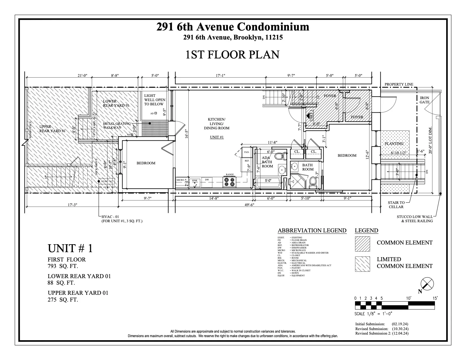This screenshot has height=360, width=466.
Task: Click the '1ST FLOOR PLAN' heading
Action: pyautogui.click(x=232, y=54)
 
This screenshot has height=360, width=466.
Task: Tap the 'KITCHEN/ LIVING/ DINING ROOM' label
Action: pyautogui.click(x=217, y=124)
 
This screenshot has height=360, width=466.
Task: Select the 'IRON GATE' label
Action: pyautogui.click(x=424, y=100)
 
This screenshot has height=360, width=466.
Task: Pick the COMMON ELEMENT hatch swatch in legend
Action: pyautogui.click(x=362, y=244)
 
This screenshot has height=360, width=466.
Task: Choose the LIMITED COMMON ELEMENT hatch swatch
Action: pyautogui.click(x=362, y=264)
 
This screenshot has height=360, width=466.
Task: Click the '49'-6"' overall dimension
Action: pyautogui.click(x=249, y=205)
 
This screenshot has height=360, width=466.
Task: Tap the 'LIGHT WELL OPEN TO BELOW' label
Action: pyautogui.click(x=154, y=100)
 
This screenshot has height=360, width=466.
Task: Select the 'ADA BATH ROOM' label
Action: pyautogui.click(x=267, y=162)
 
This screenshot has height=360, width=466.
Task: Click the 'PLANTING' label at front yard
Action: pyautogui.click(x=394, y=144)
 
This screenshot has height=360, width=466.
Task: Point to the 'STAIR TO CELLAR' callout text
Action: pyautogui.click(x=396, y=205)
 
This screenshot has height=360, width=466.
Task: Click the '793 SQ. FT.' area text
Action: pyautogui.click(x=63, y=266)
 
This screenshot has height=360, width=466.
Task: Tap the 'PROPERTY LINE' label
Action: pyautogui.click(x=399, y=84)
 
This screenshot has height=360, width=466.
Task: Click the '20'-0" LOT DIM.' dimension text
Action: pyautogui.click(x=430, y=140)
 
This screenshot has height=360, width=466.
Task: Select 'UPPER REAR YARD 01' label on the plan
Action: pyautogui.click(x=53, y=129)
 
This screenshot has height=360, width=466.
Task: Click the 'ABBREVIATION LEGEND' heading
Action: pyautogui.click(x=312, y=230)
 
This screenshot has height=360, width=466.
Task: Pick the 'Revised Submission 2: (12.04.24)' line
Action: pyautogui.click(x=382, y=333)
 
